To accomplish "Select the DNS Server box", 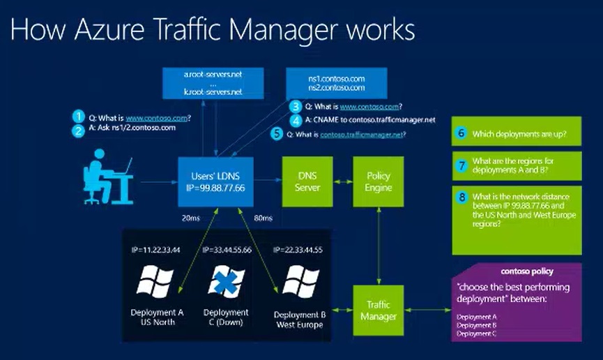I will click(307, 182).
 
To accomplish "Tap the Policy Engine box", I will click(379, 182).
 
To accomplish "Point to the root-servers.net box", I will click(213, 82).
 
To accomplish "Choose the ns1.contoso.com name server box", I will click(336, 83).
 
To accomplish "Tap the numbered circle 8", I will click(461, 198).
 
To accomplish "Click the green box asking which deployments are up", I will click(516, 133).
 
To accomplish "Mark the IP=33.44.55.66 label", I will click(227, 249).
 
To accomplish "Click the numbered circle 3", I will click(297, 107).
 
